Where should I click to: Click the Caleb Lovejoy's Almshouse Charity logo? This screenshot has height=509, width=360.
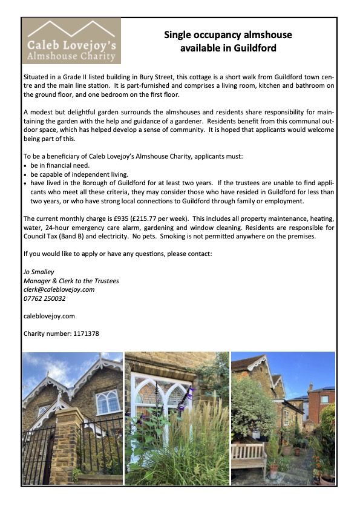click(71, 41)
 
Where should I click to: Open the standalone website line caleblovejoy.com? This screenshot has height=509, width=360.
click(48, 316)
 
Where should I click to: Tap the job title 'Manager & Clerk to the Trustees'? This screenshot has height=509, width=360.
click(71, 281)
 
